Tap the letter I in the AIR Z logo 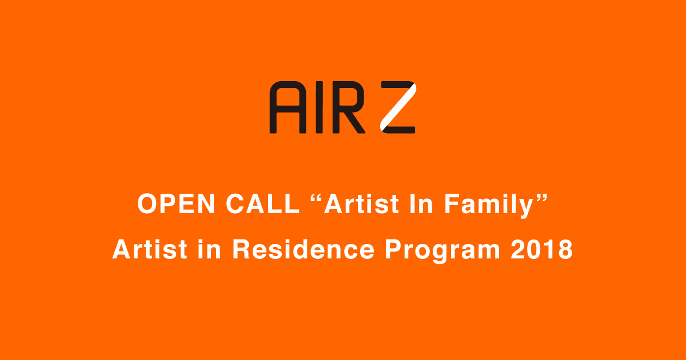coord(319,107)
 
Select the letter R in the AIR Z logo coord(349,107)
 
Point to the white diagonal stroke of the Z coord(398,107)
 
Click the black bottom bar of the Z coord(400,130)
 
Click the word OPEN coord(176,204)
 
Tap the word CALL coord(263,204)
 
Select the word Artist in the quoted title coord(361,204)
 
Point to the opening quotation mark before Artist coord(316,198)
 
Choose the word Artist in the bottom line coord(150,249)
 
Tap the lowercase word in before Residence coord(209,249)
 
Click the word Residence coord(303,249)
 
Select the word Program coord(442,251)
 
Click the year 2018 coord(541,249)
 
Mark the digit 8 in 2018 coord(565,249)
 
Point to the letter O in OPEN coord(148,204)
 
